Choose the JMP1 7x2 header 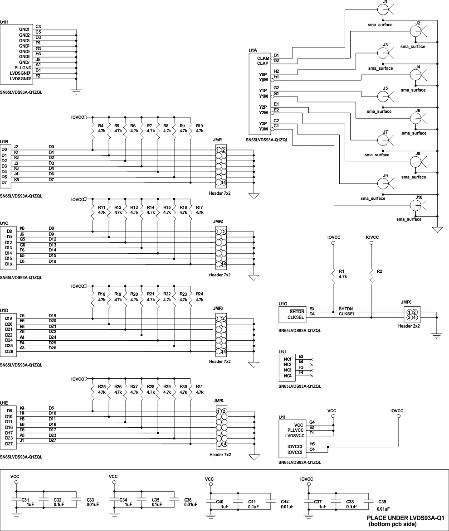coord(221,166)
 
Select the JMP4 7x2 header coord(221,427)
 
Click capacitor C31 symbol coord(16,502)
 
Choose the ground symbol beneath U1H coord(77,92)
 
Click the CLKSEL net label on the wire coord(347,314)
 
